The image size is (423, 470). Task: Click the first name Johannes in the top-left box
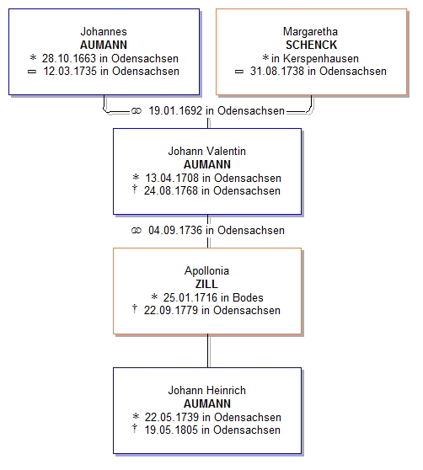[104, 31]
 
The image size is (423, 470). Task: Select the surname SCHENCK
[311, 45]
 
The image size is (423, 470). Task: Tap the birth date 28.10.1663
[69, 58]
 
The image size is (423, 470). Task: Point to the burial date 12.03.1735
[70, 72]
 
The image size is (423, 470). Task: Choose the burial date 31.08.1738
[277, 72]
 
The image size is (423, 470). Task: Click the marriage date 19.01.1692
[175, 111]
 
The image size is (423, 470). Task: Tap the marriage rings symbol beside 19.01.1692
[137, 111]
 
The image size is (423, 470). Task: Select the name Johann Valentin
[206, 151]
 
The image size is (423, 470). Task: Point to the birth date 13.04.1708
[172, 178]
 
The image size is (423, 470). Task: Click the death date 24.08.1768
[171, 191]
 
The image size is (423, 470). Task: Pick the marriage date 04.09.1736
[175, 231]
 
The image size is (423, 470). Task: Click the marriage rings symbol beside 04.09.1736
[137, 231]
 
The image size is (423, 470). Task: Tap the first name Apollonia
[206, 271]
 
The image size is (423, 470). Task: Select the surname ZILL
[206, 284]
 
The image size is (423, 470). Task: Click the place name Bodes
[248, 297]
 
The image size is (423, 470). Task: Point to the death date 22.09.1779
[171, 311]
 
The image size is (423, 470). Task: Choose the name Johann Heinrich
[206, 390]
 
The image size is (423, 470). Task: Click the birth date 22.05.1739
[172, 417]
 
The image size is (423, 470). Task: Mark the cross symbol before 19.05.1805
[135, 429]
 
